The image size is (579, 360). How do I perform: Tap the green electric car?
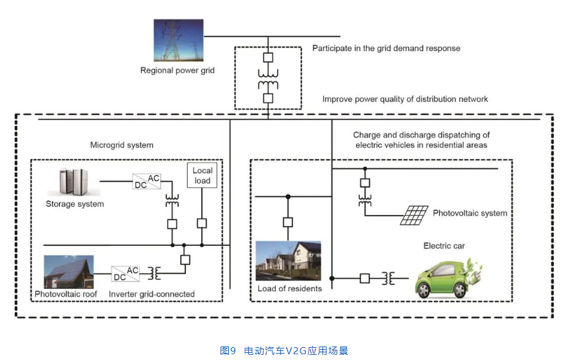point(448,277)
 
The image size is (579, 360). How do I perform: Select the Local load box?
point(203,175)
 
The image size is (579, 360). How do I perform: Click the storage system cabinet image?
point(74,182)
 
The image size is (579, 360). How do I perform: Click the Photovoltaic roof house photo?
point(69,272)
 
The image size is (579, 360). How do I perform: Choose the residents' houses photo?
point(289,261)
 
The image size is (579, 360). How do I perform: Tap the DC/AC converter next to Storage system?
point(146,182)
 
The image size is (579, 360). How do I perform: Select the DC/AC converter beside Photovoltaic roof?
point(125,273)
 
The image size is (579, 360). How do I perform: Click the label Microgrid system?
point(122,145)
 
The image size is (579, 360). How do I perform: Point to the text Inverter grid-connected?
point(152,295)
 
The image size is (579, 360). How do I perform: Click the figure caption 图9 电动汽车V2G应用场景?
point(284,350)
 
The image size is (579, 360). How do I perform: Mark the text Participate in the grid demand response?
point(386,48)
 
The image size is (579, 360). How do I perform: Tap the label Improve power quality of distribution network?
point(405,99)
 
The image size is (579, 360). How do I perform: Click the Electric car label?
point(444,246)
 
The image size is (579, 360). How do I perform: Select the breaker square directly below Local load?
point(202,223)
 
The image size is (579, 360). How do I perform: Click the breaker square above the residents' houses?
point(288,222)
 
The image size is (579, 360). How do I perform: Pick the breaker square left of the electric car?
point(364,278)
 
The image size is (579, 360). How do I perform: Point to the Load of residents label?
point(290,289)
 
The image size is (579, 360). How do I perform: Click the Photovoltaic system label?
point(470,213)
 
